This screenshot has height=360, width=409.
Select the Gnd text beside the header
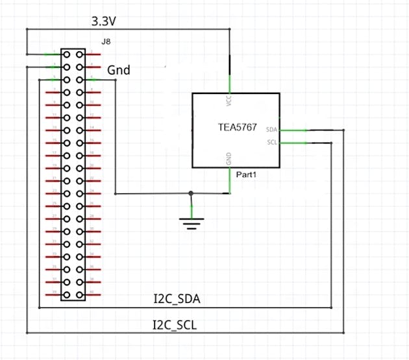tap(118, 69)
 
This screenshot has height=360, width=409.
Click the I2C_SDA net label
tap(177, 300)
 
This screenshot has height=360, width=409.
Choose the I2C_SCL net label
tap(175, 324)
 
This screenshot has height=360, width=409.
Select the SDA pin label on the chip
tap(272, 130)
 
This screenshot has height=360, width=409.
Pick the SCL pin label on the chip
tap(272, 142)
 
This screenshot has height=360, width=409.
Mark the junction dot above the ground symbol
tap(191, 193)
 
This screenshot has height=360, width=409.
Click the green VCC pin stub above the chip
tap(230, 84)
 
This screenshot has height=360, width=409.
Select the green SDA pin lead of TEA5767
tap(294, 130)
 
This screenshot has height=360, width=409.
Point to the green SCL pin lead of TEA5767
tap(294, 142)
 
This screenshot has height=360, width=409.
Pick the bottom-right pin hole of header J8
tap(79, 294)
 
